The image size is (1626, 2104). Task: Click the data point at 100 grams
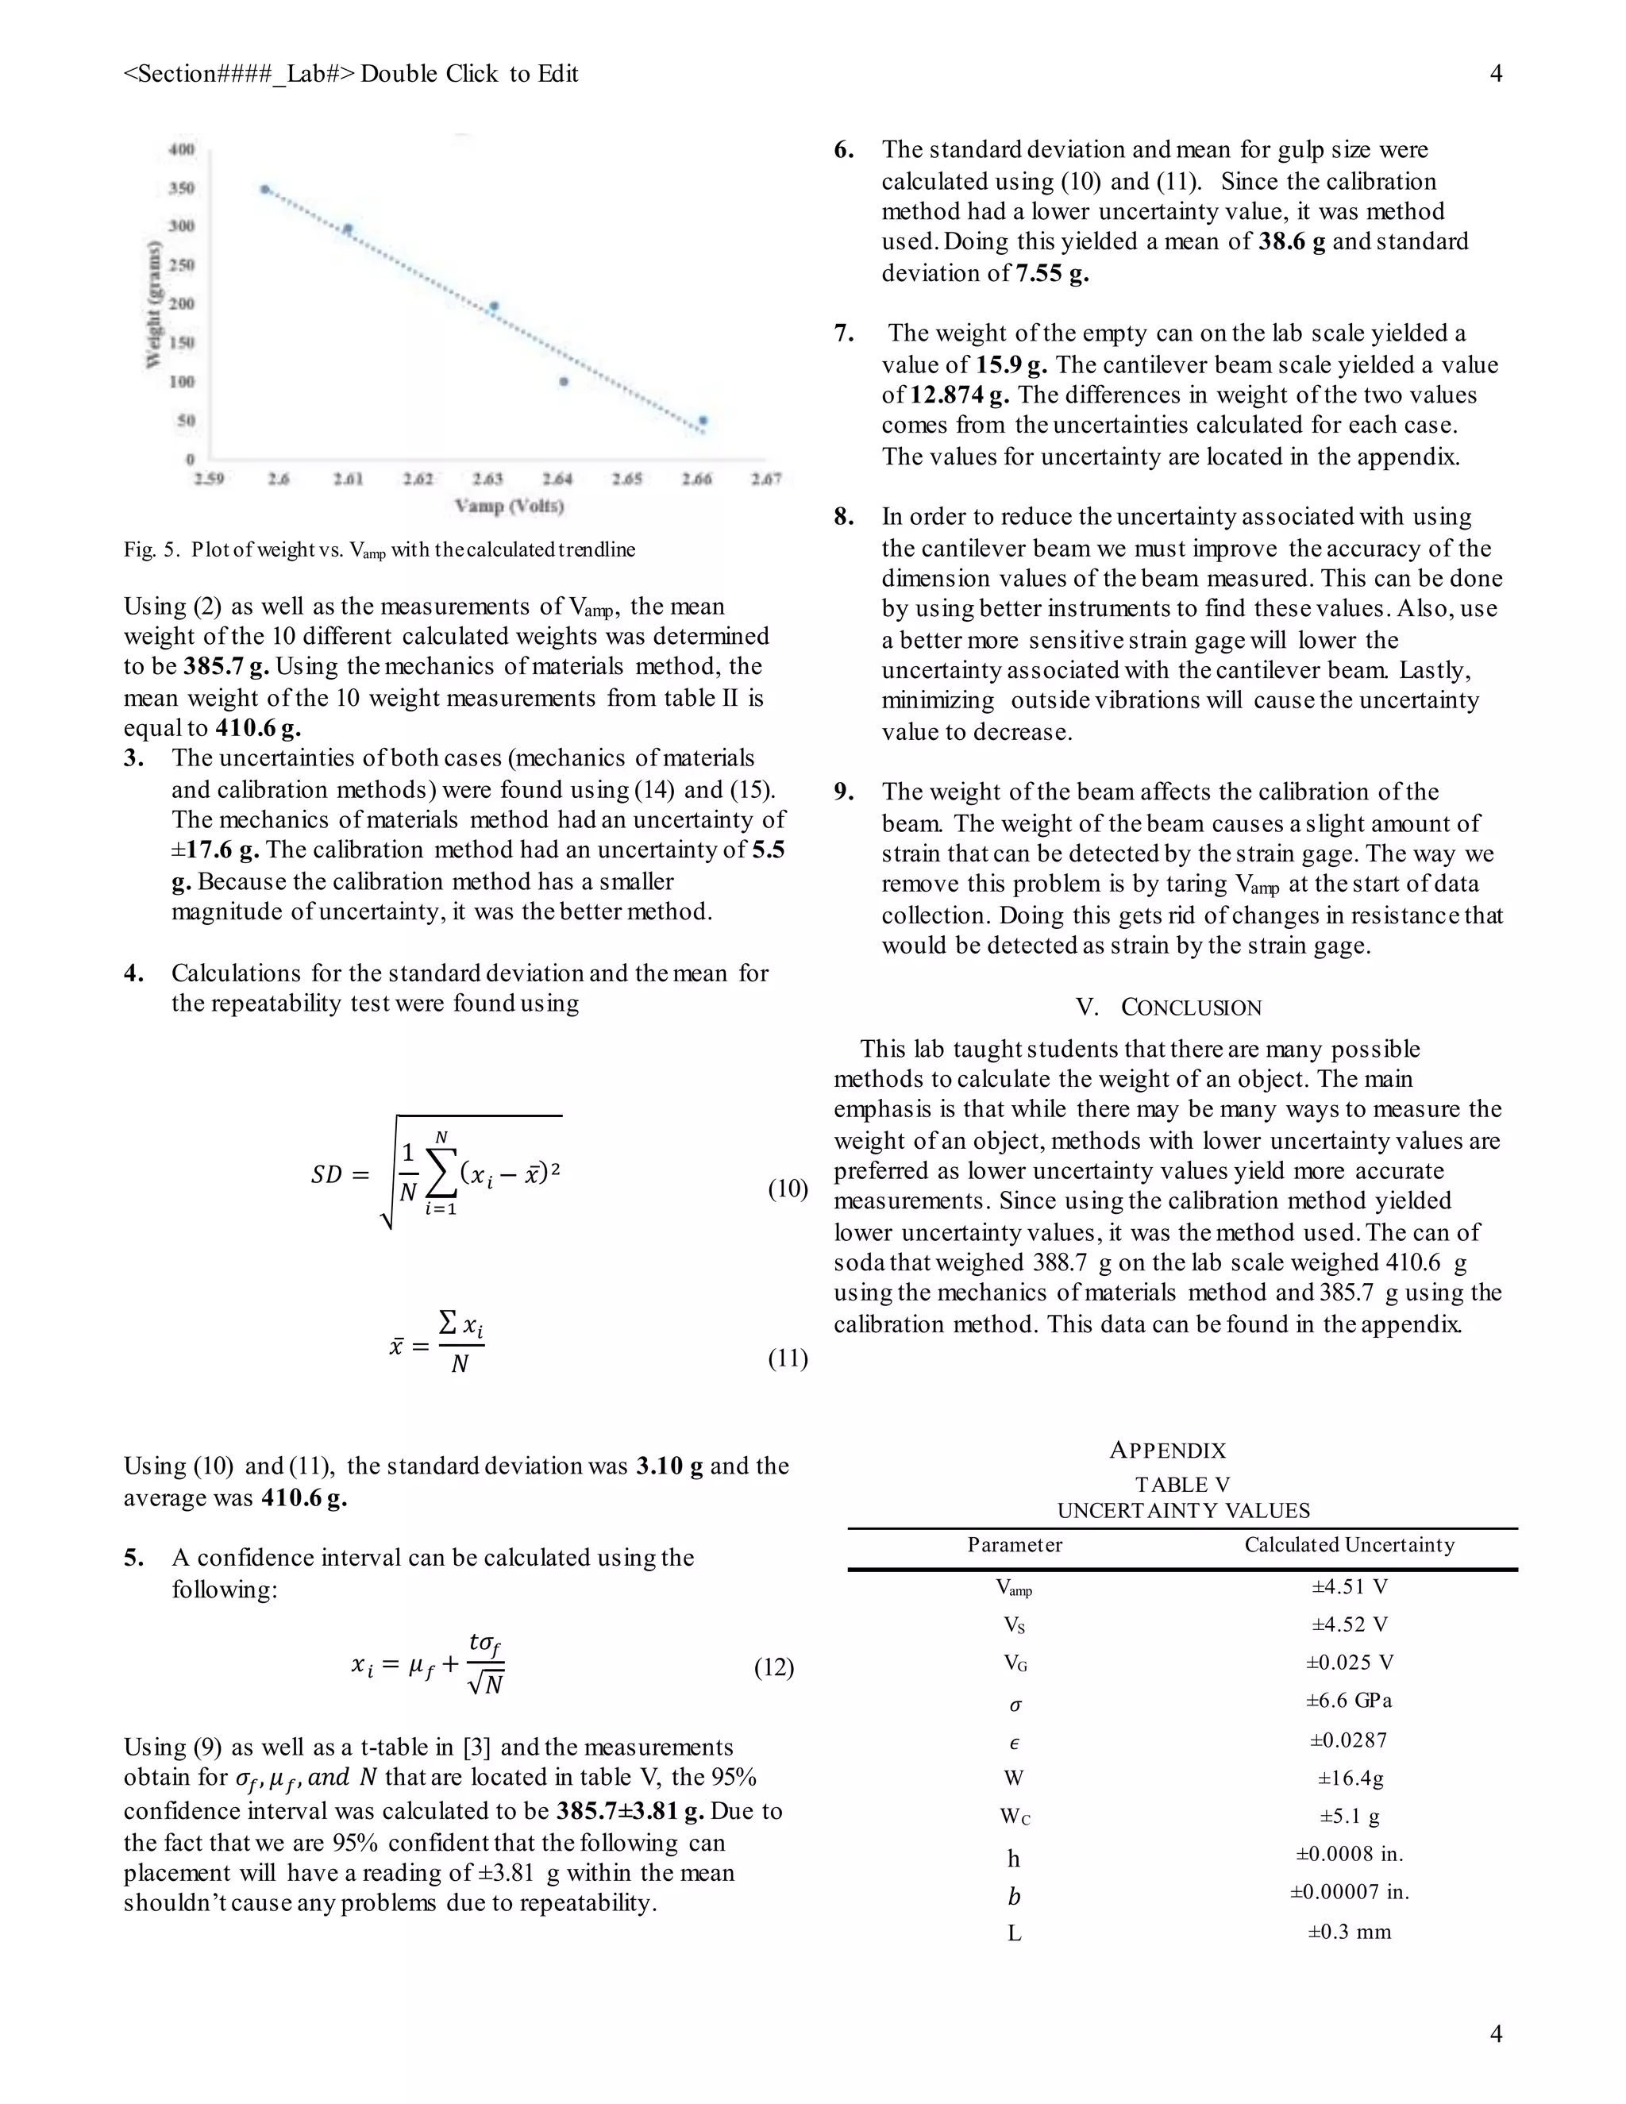[564, 381]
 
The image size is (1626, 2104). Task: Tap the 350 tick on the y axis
[182, 188]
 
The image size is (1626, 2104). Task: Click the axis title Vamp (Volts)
[510, 506]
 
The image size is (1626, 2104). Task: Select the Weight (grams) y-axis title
[153, 304]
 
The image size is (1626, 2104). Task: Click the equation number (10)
[787, 1189]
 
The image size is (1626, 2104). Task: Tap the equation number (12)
[773, 1667]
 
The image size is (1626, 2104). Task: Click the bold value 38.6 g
[1291, 242]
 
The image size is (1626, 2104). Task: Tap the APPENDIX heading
[1167, 1451]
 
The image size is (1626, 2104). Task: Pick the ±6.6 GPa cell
[1349, 1701]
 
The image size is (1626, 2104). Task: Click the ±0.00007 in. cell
[1349, 1892]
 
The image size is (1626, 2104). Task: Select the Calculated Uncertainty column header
[1349, 1545]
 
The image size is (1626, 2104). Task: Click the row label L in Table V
[1015, 1933]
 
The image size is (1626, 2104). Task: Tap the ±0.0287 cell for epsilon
[1349, 1740]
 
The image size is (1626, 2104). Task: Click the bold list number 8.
[844, 518]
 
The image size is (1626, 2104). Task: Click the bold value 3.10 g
[669, 1466]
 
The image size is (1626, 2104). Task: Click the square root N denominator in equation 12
[485, 1685]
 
